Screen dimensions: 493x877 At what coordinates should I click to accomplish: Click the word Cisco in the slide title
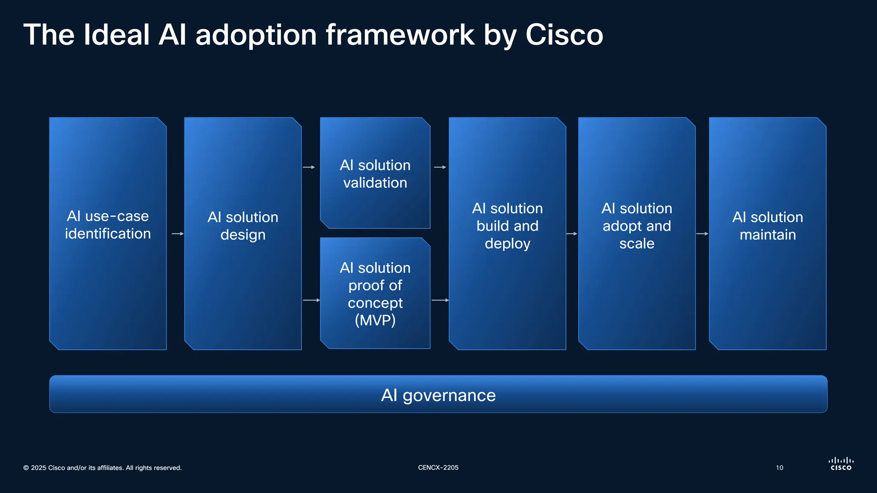point(564,35)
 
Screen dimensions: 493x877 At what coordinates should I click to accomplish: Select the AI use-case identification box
point(108,233)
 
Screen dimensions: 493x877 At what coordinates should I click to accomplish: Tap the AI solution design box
point(243,233)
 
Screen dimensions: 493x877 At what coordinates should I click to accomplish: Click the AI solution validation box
point(375,173)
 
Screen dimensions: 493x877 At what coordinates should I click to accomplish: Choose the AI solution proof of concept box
point(375,293)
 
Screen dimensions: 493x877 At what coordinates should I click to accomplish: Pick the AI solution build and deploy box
point(507,233)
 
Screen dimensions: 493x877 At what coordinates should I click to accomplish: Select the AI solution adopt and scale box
point(637,233)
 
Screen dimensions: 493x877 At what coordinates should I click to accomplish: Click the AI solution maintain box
point(767,233)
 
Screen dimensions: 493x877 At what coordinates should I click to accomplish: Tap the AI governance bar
point(438,394)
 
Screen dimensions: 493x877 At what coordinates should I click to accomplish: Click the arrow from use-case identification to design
point(177,234)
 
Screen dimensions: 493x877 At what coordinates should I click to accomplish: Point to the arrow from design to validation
point(309,167)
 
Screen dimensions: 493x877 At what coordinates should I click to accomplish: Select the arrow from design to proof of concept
point(311,300)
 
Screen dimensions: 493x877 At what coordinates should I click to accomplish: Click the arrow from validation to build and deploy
point(440,167)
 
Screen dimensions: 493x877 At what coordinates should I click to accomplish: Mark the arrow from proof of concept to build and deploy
point(440,300)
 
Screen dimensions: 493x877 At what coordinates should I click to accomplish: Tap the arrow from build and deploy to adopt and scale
point(572,234)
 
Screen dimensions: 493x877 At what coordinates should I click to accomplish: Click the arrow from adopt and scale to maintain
point(702,234)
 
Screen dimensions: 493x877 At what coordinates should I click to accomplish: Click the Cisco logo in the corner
point(841,464)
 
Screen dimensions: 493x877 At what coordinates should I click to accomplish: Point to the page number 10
point(779,468)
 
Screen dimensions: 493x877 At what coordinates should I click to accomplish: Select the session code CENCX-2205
point(438,468)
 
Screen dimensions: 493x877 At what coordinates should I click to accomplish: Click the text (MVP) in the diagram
point(375,320)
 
